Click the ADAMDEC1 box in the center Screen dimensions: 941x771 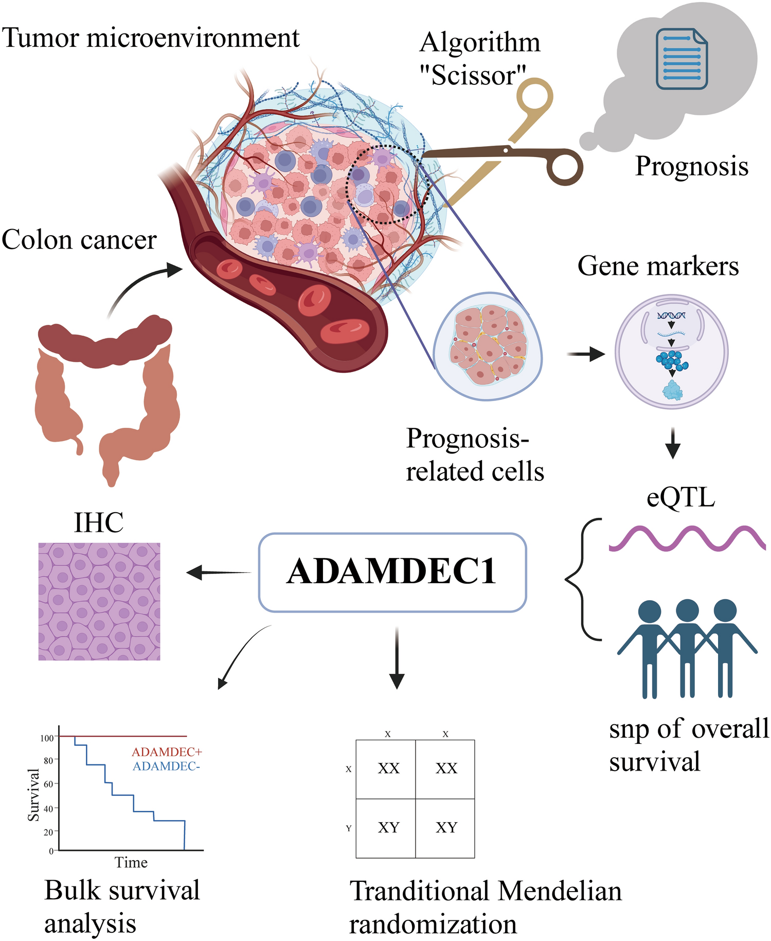tap(392, 572)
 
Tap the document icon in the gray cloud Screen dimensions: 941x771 tap(682, 59)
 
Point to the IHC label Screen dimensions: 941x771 tap(99, 522)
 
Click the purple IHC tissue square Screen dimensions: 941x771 tap(99, 601)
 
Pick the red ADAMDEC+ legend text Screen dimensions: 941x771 tap(167, 752)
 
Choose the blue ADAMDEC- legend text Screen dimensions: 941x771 tap(166, 766)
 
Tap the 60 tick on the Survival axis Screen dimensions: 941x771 tap(48, 784)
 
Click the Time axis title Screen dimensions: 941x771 tap(131, 862)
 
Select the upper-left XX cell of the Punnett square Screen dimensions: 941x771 tap(388, 769)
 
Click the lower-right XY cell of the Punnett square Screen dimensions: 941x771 tap(446, 827)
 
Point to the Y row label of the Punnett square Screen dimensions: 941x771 tap(349, 828)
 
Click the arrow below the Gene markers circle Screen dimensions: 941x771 tap(672, 443)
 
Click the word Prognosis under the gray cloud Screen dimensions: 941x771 tap(691, 166)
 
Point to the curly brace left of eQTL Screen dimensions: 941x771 tap(583, 580)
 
